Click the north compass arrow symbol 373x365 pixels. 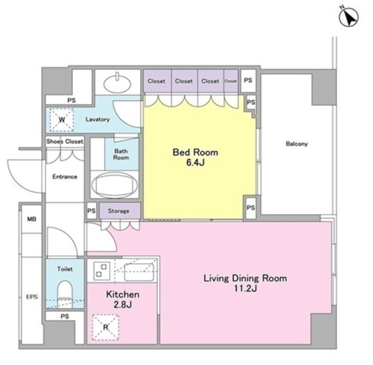click(x=349, y=17)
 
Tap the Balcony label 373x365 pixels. click(x=297, y=144)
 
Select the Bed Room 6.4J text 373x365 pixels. click(x=195, y=157)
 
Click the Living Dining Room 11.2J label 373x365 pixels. click(x=245, y=284)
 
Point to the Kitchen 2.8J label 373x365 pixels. click(x=122, y=299)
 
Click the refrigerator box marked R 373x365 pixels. click(x=105, y=327)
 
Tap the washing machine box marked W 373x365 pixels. click(x=62, y=119)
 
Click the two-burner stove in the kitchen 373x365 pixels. click(x=101, y=271)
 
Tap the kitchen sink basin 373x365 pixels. click(x=139, y=272)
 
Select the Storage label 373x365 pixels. click(x=118, y=211)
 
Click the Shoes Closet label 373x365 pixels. click(x=65, y=141)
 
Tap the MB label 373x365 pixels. click(x=31, y=219)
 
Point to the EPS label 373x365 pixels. click(x=32, y=297)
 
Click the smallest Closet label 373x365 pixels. click(x=231, y=81)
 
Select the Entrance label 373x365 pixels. click(x=65, y=176)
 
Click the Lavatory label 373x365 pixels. click(x=97, y=119)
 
